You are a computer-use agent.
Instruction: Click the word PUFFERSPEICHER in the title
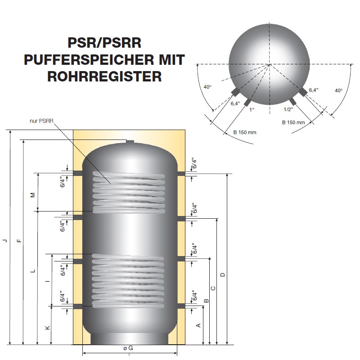89,60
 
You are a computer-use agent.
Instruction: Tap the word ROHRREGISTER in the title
104,76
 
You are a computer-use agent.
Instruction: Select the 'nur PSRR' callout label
41,121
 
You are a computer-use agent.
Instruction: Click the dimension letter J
5,241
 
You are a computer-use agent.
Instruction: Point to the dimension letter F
19,241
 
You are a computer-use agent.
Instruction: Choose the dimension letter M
33,195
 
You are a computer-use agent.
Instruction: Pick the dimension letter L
33,271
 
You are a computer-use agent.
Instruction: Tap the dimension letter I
48,281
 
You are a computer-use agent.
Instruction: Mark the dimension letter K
48,328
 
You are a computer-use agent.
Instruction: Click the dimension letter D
222,274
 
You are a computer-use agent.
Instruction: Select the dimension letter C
213,288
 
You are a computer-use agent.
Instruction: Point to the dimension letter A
198,325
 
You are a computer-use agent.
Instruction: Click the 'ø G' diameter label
128,348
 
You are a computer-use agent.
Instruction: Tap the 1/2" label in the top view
288,109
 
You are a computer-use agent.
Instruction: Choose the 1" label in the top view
252,110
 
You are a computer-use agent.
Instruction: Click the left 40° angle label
207,87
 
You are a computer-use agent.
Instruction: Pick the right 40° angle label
339,90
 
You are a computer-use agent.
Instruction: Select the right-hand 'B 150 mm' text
293,122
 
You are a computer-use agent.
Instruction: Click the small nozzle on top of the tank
130,142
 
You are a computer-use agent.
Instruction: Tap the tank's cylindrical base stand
130,339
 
